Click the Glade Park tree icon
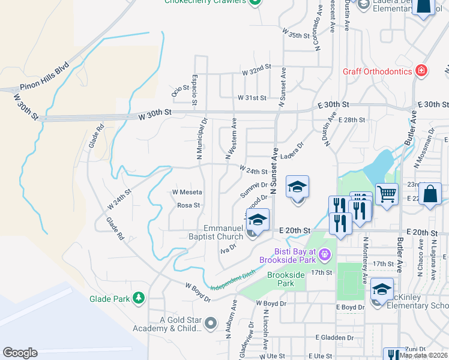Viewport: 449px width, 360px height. pyautogui.click(x=139, y=298)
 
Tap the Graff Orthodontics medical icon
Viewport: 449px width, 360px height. pyautogui.click(x=422, y=71)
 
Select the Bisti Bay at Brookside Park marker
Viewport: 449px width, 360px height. pyautogui.click(x=325, y=254)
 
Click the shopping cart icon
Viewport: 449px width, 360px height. pyautogui.click(x=387, y=193)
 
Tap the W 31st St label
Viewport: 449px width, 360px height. pyautogui.click(x=252, y=97)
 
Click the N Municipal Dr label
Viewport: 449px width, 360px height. pyautogui.click(x=202, y=139)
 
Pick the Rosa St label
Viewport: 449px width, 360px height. pyautogui.click(x=188, y=205)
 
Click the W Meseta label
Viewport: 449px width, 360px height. pyautogui.click(x=187, y=192)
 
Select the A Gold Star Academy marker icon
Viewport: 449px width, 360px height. pyautogui.click(x=210, y=324)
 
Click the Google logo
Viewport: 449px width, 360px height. pyautogui.click(x=20, y=353)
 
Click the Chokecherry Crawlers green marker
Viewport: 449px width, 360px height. pyautogui.click(x=256, y=2)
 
